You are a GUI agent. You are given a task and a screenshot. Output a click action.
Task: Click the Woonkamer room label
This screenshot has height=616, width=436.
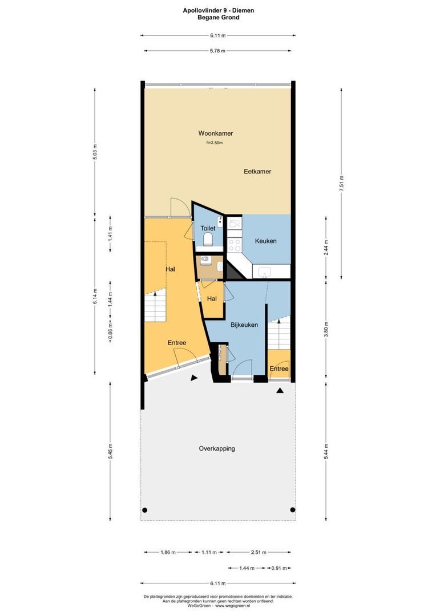pos(212,133)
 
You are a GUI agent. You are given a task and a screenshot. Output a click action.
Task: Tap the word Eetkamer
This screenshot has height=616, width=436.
pos(257,171)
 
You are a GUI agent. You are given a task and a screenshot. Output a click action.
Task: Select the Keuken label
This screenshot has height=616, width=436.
pos(265,241)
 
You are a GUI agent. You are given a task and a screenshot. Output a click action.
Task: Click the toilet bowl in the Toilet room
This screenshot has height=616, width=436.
pos(208,238)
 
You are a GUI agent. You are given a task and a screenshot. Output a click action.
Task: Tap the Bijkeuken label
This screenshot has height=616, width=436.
pos(244,325)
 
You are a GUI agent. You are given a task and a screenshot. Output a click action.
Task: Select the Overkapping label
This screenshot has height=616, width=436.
pos(217,448)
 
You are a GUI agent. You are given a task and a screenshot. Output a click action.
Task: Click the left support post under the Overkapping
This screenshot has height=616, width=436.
pos(145,510)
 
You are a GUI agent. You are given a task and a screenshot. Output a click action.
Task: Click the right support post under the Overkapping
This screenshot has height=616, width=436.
pos(293,510)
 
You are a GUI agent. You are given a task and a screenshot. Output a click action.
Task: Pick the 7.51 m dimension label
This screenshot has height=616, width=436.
pos(341,184)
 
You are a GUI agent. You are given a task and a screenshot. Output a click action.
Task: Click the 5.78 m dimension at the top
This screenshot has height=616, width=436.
pos(217,51)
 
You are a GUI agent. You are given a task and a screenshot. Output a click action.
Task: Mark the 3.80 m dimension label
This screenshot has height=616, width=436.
pos(325,330)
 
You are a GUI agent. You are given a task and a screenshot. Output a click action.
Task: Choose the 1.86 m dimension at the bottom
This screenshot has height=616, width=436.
pos(167,552)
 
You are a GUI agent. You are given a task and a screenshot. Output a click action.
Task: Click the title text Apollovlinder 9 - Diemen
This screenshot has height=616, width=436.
pos(219,10)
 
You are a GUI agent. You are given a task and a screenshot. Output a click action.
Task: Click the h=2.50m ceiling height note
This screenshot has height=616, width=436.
pos(215,143)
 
